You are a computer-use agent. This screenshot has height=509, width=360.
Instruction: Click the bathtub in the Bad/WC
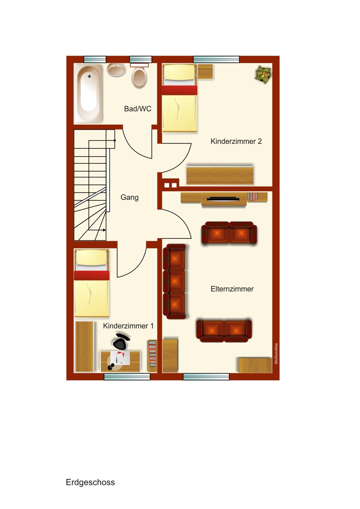[89, 93]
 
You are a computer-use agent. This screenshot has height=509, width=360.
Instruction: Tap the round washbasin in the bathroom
[116, 70]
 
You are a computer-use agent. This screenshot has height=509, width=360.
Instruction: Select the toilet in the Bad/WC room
[139, 78]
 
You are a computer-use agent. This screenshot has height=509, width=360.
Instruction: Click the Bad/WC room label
[138, 109]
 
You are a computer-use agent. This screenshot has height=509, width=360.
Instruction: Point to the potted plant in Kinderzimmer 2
[263, 75]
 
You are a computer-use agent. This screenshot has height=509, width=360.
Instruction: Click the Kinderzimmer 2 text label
[236, 142]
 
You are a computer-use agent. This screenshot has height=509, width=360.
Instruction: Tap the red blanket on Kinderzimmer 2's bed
[179, 90]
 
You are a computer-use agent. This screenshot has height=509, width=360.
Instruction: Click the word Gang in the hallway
[129, 197]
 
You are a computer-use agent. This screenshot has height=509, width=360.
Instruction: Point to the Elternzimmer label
[232, 289]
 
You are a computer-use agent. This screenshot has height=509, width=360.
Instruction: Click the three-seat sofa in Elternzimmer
[175, 282]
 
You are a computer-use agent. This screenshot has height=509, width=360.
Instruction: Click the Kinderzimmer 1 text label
[128, 326]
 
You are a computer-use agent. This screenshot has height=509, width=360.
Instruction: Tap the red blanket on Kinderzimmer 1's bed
[92, 275]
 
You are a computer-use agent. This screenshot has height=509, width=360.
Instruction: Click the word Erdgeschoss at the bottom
[90, 482]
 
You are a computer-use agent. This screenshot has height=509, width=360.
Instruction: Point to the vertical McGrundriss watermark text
[276, 354]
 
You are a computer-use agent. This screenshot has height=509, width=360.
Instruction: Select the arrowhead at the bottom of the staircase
[104, 230]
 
